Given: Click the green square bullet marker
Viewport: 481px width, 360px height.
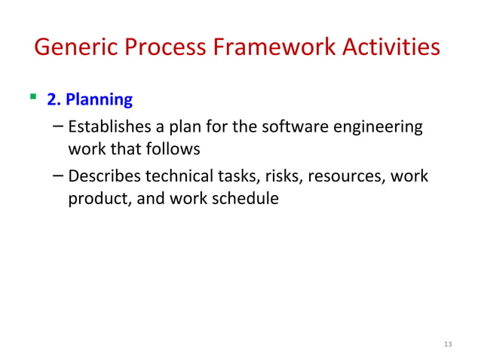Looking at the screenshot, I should [x=32, y=96].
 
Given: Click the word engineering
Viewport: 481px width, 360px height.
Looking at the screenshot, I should [x=376, y=127].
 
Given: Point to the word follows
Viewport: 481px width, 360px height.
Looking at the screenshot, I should [x=174, y=148].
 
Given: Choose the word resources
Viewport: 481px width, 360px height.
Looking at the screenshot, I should [x=339, y=177].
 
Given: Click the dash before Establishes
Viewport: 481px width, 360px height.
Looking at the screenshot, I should [x=59, y=127].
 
